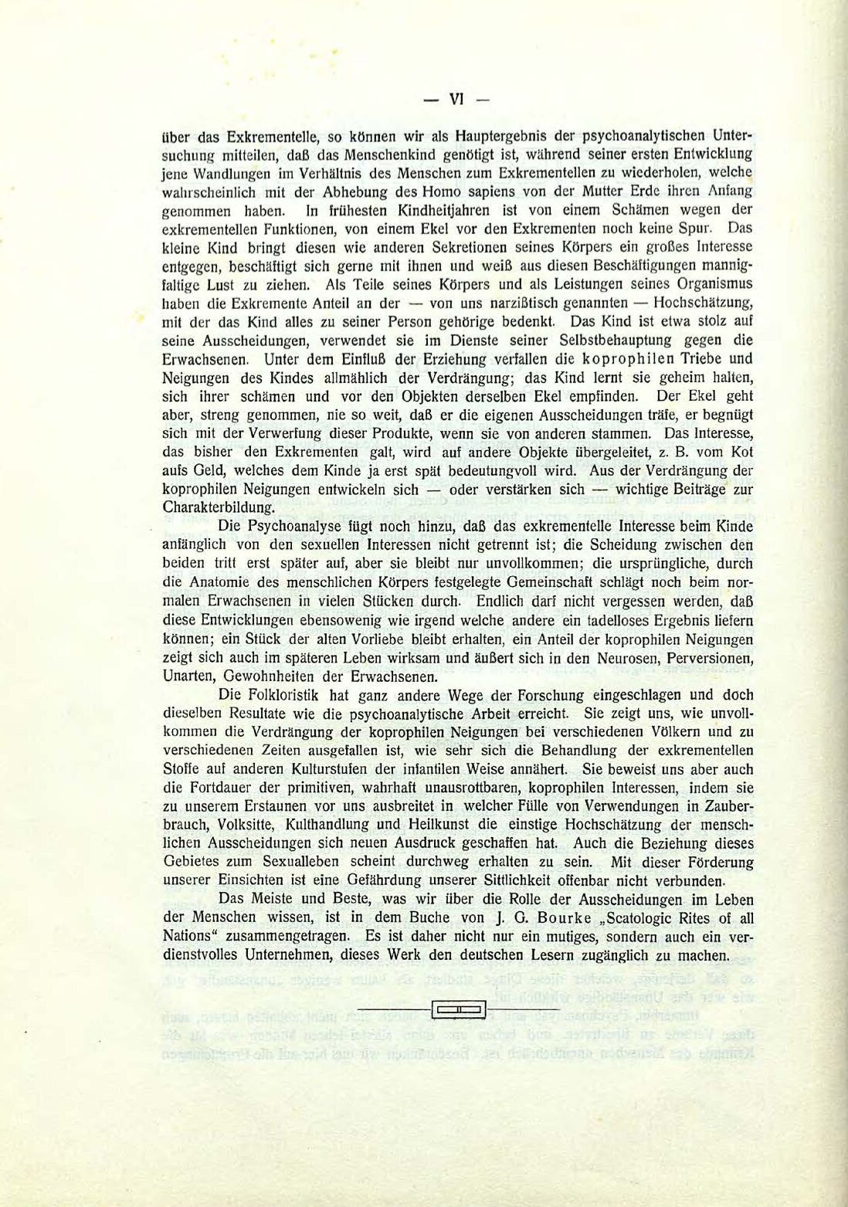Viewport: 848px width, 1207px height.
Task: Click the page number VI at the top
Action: tap(456, 99)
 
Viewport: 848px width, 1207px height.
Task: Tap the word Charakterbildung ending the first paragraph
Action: tap(218, 508)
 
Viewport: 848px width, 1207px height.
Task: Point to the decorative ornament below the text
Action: tap(459, 1009)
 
